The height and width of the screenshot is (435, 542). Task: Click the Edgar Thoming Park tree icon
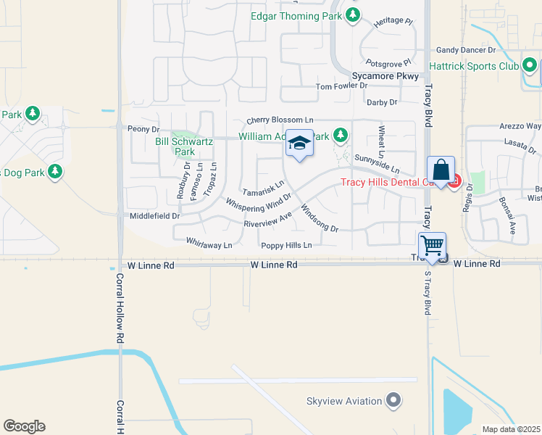352,15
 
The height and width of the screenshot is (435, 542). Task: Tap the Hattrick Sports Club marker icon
530,67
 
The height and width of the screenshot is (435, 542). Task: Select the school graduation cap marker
299,144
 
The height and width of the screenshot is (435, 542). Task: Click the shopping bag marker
441,170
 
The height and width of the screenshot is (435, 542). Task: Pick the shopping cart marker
432,246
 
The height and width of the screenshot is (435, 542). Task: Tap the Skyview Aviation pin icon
393,400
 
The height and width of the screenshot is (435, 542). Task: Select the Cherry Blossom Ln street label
280,120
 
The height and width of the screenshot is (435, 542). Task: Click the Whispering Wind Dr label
258,204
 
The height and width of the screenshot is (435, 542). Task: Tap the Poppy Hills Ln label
286,246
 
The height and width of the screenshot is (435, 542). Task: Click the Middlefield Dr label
154,216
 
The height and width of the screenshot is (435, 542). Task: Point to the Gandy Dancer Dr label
465,50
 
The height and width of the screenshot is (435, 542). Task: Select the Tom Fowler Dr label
341,87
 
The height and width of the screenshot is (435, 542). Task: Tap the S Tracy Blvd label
427,290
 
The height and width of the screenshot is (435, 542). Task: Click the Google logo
24,426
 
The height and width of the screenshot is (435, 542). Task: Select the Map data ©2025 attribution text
511,429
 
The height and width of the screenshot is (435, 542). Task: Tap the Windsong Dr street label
319,217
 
